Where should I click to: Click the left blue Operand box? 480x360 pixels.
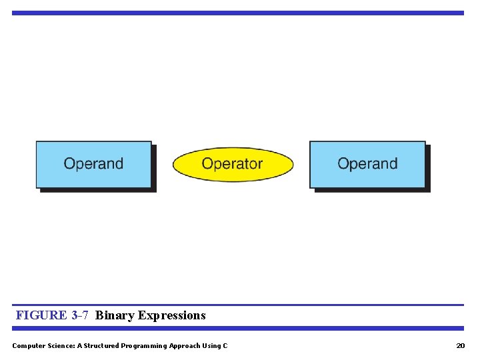point(93,164)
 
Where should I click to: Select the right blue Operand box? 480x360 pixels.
point(367,164)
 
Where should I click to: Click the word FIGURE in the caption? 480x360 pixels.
point(41,315)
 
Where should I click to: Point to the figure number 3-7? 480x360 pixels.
point(79,315)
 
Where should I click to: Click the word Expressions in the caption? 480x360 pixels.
point(172,315)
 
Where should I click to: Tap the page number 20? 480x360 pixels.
point(460,345)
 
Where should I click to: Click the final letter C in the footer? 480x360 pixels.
point(225,345)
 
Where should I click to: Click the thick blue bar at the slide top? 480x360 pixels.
point(237,13)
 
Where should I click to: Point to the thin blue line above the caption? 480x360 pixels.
point(237,305)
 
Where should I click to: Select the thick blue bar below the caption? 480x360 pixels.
point(237,328)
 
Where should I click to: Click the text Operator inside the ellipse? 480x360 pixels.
point(233,163)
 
